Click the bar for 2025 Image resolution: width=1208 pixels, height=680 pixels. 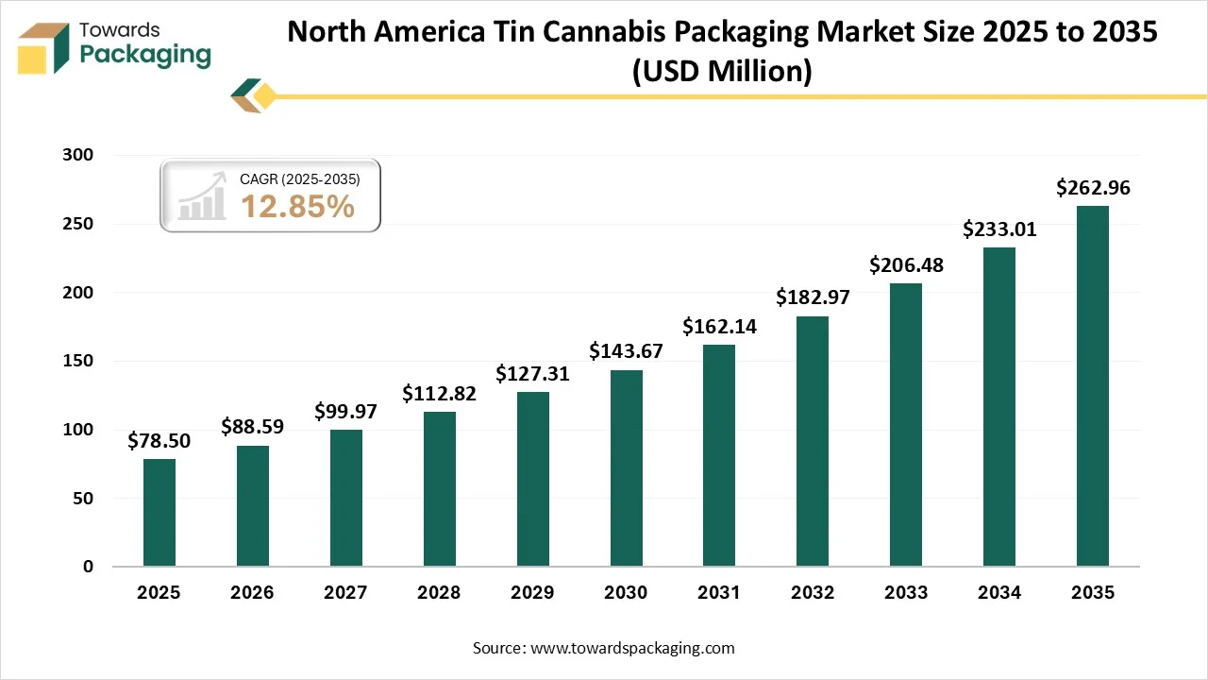point(159,513)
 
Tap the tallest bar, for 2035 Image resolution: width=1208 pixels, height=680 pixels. point(1093,386)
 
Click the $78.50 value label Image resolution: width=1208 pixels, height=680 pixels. point(159,440)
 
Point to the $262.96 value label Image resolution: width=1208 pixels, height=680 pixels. point(1093,187)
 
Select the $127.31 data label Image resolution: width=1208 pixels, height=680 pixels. point(532,373)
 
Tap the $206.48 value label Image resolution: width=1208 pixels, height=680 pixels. point(906,264)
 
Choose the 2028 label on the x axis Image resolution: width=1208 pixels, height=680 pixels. point(439,593)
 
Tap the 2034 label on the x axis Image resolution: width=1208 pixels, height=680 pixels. point(999,593)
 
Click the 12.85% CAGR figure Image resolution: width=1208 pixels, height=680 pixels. point(297,206)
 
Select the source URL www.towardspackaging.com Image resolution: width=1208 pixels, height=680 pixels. point(631,648)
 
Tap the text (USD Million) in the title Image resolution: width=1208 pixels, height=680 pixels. point(722,70)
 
